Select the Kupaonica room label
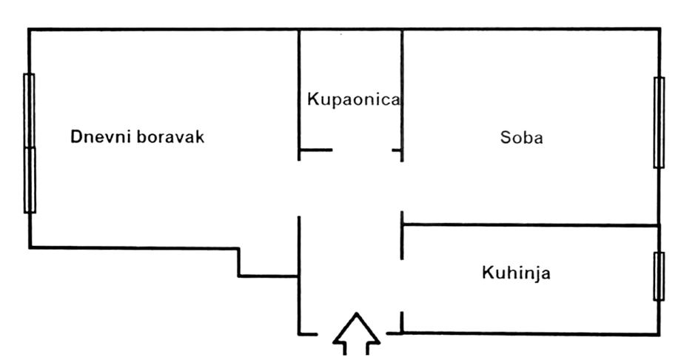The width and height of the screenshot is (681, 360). [x=354, y=99]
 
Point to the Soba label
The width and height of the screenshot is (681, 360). [x=521, y=138]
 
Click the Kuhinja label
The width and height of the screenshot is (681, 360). [x=516, y=273]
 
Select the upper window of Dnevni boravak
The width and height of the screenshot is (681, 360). [x=30, y=110]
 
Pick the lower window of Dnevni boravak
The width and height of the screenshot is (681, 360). [x=30, y=179]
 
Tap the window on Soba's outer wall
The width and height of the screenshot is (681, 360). [x=658, y=122]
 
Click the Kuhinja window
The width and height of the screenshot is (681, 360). [x=658, y=276]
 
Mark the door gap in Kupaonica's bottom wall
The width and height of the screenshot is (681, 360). [x=362, y=151]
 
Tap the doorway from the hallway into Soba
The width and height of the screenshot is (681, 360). [x=402, y=185]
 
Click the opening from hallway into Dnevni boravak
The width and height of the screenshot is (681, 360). [x=299, y=187]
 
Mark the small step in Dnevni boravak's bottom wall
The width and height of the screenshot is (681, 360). [x=239, y=262]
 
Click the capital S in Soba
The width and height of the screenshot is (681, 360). [x=506, y=138]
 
